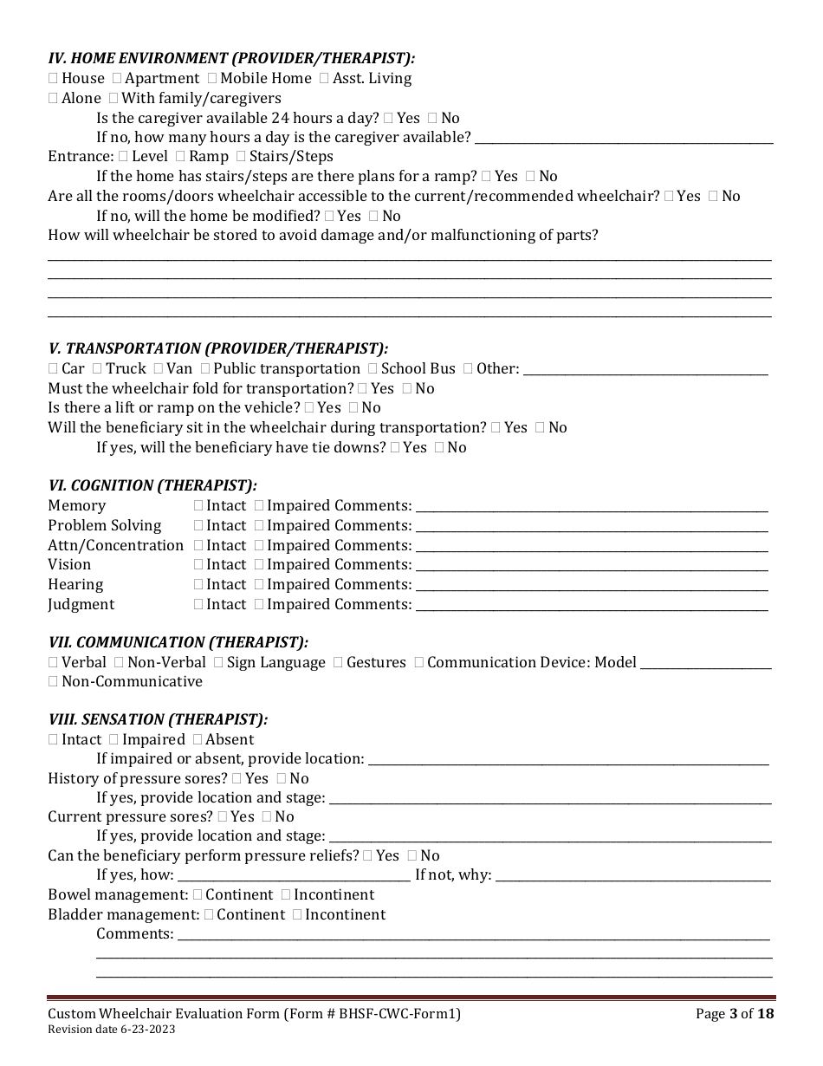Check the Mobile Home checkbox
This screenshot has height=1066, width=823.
(x=212, y=79)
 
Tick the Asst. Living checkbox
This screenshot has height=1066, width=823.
(x=324, y=79)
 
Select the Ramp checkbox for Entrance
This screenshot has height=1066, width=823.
(x=180, y=157)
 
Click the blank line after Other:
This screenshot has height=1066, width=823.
(x=645, y=369)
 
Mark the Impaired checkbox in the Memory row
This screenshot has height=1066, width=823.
(x=259, y=506)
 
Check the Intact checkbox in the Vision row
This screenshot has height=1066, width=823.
(x=198, y=565)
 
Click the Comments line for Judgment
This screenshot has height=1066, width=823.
(x=592, y=605)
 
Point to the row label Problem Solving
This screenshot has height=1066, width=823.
(x=104, y=526)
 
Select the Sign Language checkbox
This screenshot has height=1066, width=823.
(x=218, y=663)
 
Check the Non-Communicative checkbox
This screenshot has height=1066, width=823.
(x=53, y=682)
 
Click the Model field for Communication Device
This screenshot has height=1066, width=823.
(x=705, y=663)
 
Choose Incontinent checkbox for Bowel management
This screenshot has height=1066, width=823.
(x=286, y=895)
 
